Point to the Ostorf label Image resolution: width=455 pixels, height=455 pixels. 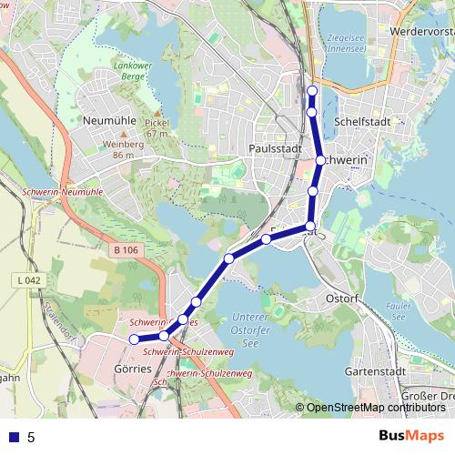[x=343, y=298]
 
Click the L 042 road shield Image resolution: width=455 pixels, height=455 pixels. [x=29, y=281]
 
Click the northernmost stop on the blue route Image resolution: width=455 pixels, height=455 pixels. [x=312, y=90]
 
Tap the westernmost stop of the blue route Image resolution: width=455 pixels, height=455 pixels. [x=134, y=339]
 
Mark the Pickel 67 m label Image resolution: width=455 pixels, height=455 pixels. [x=157, y=127]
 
